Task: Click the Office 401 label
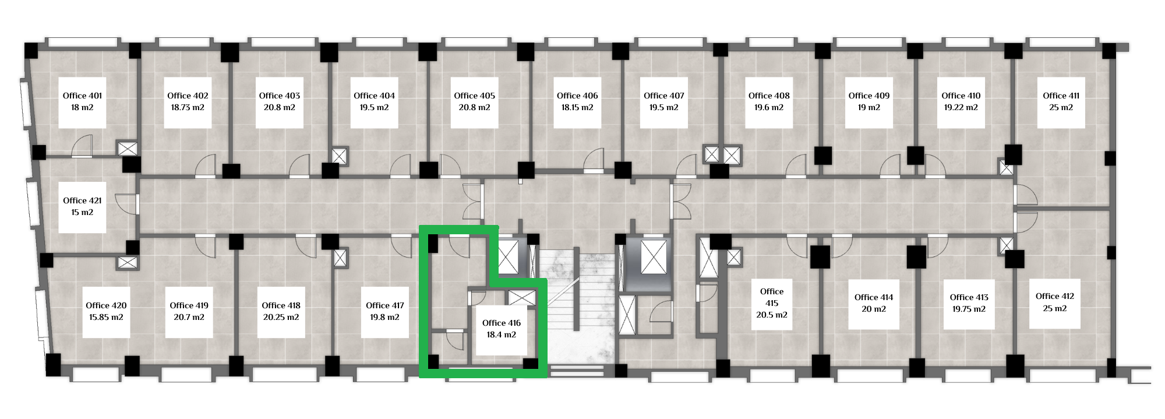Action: (82, 96)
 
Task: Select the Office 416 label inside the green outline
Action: (502, 323)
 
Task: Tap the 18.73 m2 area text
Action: (188, 107)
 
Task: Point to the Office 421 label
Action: (82, 200)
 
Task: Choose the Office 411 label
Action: (1061, 96)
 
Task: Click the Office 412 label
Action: (1055, 296)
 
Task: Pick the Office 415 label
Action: (772, 297)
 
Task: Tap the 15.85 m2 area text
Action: (106, 317)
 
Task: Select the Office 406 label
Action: (577, 96)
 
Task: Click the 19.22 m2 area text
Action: (961, 107)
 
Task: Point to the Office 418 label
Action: (281, 305)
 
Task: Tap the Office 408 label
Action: (769, 96)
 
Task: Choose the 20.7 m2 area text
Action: (189, 317)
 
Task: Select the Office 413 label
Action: (969, 297)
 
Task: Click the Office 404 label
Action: (374, 96)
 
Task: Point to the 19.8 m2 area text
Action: (384, 317)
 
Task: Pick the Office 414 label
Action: (874, 297)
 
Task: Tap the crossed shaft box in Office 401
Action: (128, 149)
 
